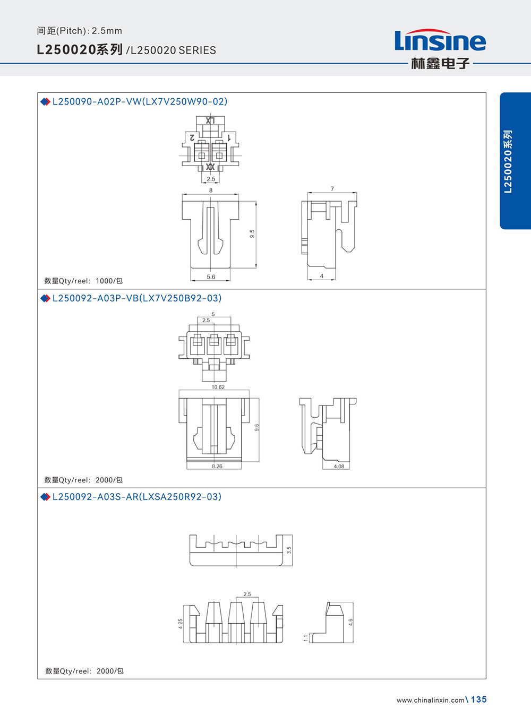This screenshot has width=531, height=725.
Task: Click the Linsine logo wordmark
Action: coord(440,40)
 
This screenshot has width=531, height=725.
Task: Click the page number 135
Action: coord(479,700)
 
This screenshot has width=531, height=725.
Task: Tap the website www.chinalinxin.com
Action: coord(431,701)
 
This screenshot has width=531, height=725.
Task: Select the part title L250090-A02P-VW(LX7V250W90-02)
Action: coord(140,101)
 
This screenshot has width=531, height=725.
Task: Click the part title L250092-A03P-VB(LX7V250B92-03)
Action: coord(137,298)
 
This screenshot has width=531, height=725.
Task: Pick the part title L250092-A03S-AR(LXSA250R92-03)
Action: coord(137,496)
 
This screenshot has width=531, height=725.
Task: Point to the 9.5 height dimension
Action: coord(252,234)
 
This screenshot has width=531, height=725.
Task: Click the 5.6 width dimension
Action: coord(211,277)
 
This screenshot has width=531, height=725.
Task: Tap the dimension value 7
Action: coord(332,189)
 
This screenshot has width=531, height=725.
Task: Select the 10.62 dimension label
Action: coord(218,387)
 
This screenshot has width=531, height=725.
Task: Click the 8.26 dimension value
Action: coord(217,467)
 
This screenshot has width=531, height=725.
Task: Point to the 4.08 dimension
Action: coord(339,467)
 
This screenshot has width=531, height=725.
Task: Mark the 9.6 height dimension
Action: coord(257,427)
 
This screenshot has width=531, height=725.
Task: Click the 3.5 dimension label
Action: coord(289,550)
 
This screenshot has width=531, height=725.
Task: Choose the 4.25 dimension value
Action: coord(181,624)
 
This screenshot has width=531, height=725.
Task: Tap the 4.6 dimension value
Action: coord(350,622)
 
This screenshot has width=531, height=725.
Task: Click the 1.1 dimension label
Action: coord(306,638)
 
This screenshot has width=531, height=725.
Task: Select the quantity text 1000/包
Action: coord(109,281)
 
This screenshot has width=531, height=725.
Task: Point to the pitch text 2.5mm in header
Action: coord(107,31)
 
